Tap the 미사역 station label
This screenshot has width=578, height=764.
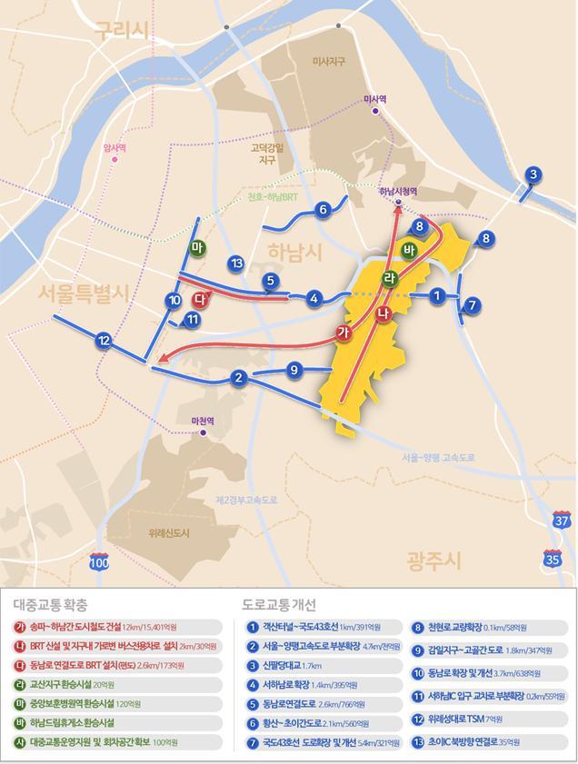375,99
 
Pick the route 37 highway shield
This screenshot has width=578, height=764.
562,521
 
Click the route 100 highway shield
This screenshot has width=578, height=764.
99,562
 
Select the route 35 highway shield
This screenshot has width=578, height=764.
552,557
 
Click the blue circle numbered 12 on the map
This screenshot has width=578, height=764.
104,341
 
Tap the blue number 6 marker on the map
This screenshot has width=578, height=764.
323,210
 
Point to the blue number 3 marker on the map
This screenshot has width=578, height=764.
533,175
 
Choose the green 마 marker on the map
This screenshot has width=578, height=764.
196,248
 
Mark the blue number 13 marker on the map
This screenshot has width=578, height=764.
236,263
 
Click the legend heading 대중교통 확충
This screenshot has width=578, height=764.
51,604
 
